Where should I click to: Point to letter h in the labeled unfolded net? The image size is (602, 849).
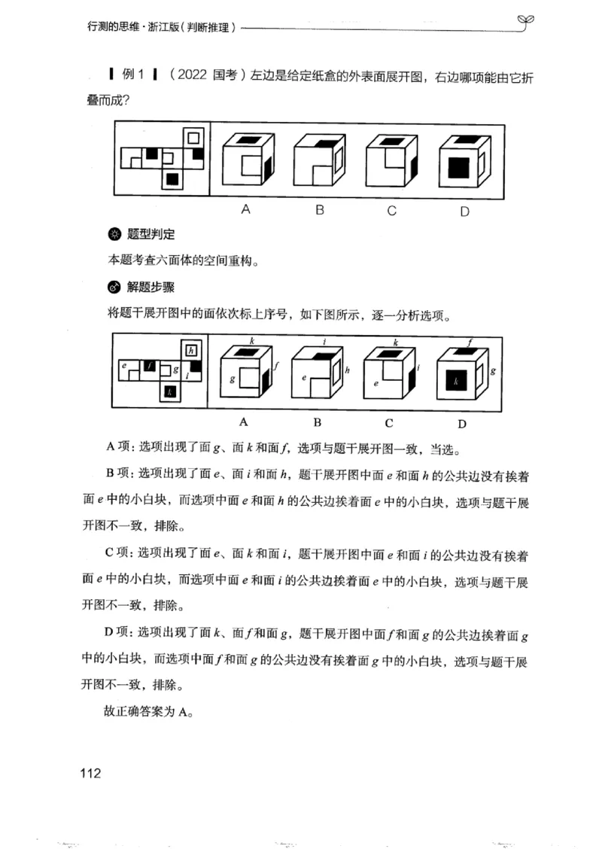point(192,350)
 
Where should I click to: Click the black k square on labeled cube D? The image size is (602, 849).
point(456,382)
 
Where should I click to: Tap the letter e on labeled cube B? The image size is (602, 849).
point(304,377)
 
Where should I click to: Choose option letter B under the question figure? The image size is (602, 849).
point(319,210)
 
